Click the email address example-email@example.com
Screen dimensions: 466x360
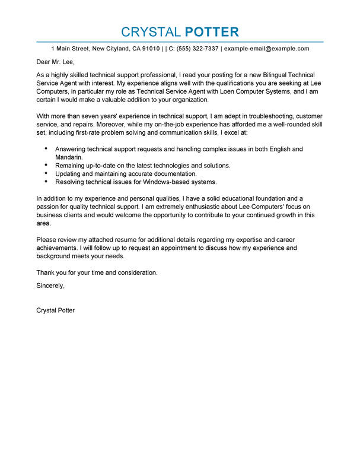pyautogui.click(x=267, y=49)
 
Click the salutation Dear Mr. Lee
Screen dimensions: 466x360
pyautogui.click(x=56, y=62)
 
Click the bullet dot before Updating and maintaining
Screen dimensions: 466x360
pyautogui.click(x=46, y=173)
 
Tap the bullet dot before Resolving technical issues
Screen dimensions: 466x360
pyautogui.click(x=46, y=182)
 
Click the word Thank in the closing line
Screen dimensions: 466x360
pyautogui.click(x=46, y=272)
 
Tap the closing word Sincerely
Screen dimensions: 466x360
pyautogui.click(x=50, y=285)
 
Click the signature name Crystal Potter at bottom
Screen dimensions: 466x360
pyautogui.click(x=56, y=310)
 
